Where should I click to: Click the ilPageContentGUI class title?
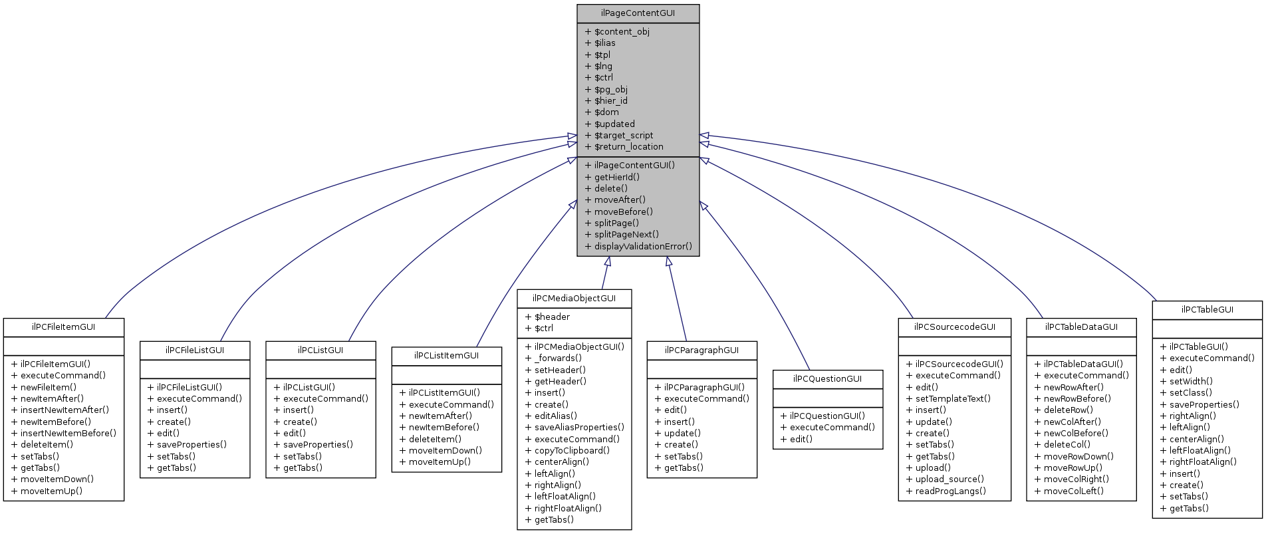tap(638, 13)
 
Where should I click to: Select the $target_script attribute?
tap(624, 136)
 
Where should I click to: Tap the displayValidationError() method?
tap(642, 247)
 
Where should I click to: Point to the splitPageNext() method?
tap(626, 235)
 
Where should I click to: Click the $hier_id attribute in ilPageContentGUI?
tap(610, 101)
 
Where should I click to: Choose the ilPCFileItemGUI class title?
tap(64, 327)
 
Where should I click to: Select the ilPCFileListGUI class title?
tap(195, 350)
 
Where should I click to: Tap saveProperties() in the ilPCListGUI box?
tap(317, 445)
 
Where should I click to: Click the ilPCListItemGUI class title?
tap(446, 356)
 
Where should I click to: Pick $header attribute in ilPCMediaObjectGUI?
tap(552, 317)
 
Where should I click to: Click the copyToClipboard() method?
tap(572, 451)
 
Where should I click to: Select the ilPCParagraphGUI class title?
tap(701, 350)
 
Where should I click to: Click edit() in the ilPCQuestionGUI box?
tap(801, 440)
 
